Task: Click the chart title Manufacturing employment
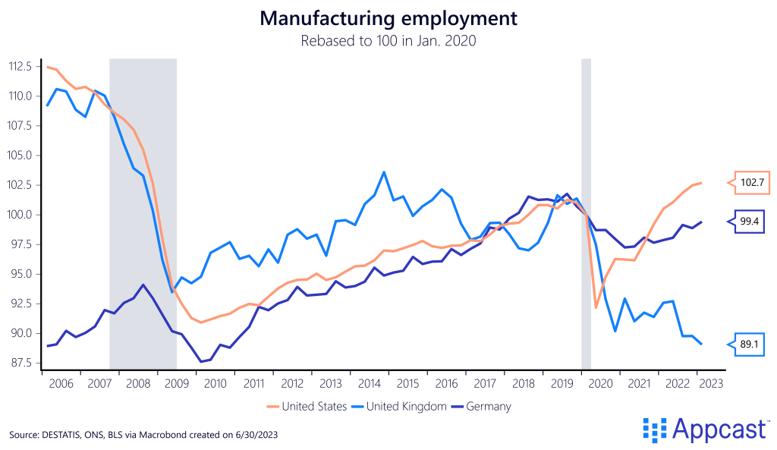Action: coord(388,19)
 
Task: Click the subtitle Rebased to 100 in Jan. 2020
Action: coord(388,41)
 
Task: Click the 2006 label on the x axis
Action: coord(61,384)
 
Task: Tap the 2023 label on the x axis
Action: coord(710,384)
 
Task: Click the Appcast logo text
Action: coord(716,430)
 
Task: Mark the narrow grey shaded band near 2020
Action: coord(586,212)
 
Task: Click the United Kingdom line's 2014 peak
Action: coord(384,172)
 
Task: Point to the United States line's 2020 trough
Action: coord(596,307)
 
